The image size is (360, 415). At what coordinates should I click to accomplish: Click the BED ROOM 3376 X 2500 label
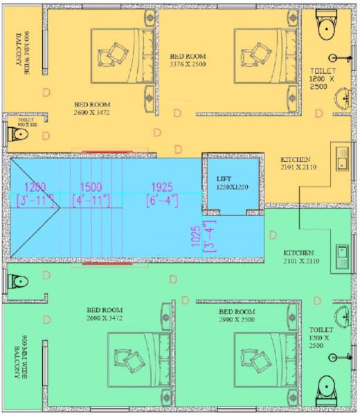pos(189,59)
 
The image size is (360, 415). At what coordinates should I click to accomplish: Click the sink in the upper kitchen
pos(341,158)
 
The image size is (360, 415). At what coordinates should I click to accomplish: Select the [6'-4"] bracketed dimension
pos(163,201)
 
